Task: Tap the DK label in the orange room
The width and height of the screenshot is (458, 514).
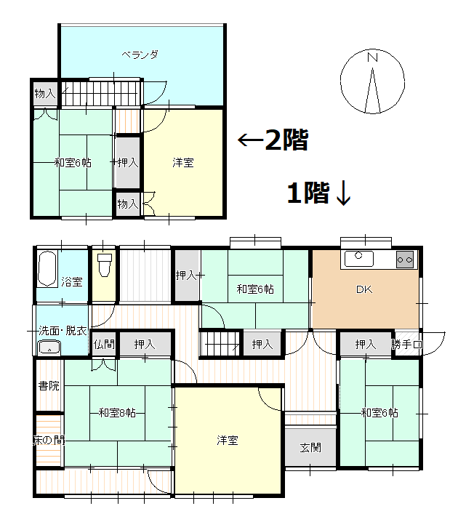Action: point(363,290)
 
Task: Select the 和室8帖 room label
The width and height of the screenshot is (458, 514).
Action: point(118,413)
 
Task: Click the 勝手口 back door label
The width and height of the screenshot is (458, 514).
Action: point(407,345)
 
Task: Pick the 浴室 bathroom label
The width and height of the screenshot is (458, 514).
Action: point(71,281)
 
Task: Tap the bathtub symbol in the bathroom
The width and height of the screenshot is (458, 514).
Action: point(48,269)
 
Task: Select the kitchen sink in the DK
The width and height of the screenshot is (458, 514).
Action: point(358,258)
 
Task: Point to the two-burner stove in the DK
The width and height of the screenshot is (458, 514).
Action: point(405,258)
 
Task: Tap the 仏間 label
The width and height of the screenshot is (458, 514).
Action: point(104,344)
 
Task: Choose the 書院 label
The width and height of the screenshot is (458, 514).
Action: point(49,385)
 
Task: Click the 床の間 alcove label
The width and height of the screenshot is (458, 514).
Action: point(49,440)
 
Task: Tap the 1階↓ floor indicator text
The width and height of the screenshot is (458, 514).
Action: point(319,193)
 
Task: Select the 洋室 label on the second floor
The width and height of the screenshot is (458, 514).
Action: point(182,162)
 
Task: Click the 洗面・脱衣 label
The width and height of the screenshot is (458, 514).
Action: point(61,331)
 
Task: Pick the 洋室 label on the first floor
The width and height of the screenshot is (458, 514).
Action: point(228,440)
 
